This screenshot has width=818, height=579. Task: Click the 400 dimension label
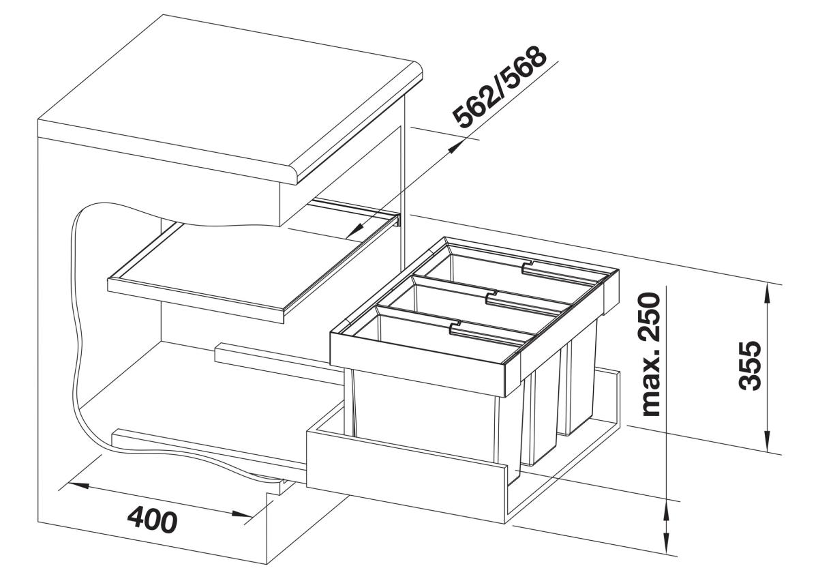(x=153, y=521)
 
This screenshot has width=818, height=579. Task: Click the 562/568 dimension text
(x=500, y=88)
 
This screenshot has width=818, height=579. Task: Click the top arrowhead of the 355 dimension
(x=766, y=297)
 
